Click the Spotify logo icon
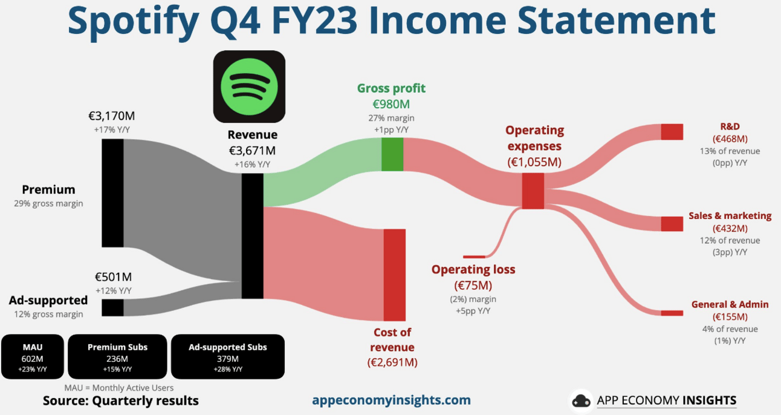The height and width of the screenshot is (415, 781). [x=249, y=87]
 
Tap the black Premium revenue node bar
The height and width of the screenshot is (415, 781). [x=112, y=193]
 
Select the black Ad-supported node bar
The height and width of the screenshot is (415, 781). [x=112, y=307]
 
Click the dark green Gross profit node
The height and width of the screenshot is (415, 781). [x=392, y=154]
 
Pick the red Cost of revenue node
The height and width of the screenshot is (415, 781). [x=395, y=275]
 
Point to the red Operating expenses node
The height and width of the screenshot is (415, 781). [x=533, y=191]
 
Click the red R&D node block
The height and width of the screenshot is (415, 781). [x=672, y=132]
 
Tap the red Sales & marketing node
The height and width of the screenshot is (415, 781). [x=672, y=224]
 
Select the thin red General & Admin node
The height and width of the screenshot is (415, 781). [x=672, y=313]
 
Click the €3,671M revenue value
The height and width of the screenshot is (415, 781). [x=252, y=151]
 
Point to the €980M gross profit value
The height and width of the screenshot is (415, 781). [x=391, y=104]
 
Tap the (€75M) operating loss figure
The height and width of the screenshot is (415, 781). [x=473, y=286]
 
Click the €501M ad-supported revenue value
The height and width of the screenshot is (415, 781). [x=113, y=277]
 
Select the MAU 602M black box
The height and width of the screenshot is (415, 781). [x=33, y=357]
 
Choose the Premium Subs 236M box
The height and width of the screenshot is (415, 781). [x=117, y=357]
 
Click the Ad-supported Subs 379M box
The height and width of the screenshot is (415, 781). [x=228, y=357]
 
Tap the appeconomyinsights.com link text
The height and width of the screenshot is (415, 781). [x=391, y=400]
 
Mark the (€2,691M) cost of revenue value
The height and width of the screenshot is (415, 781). [x=392, y=362]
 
